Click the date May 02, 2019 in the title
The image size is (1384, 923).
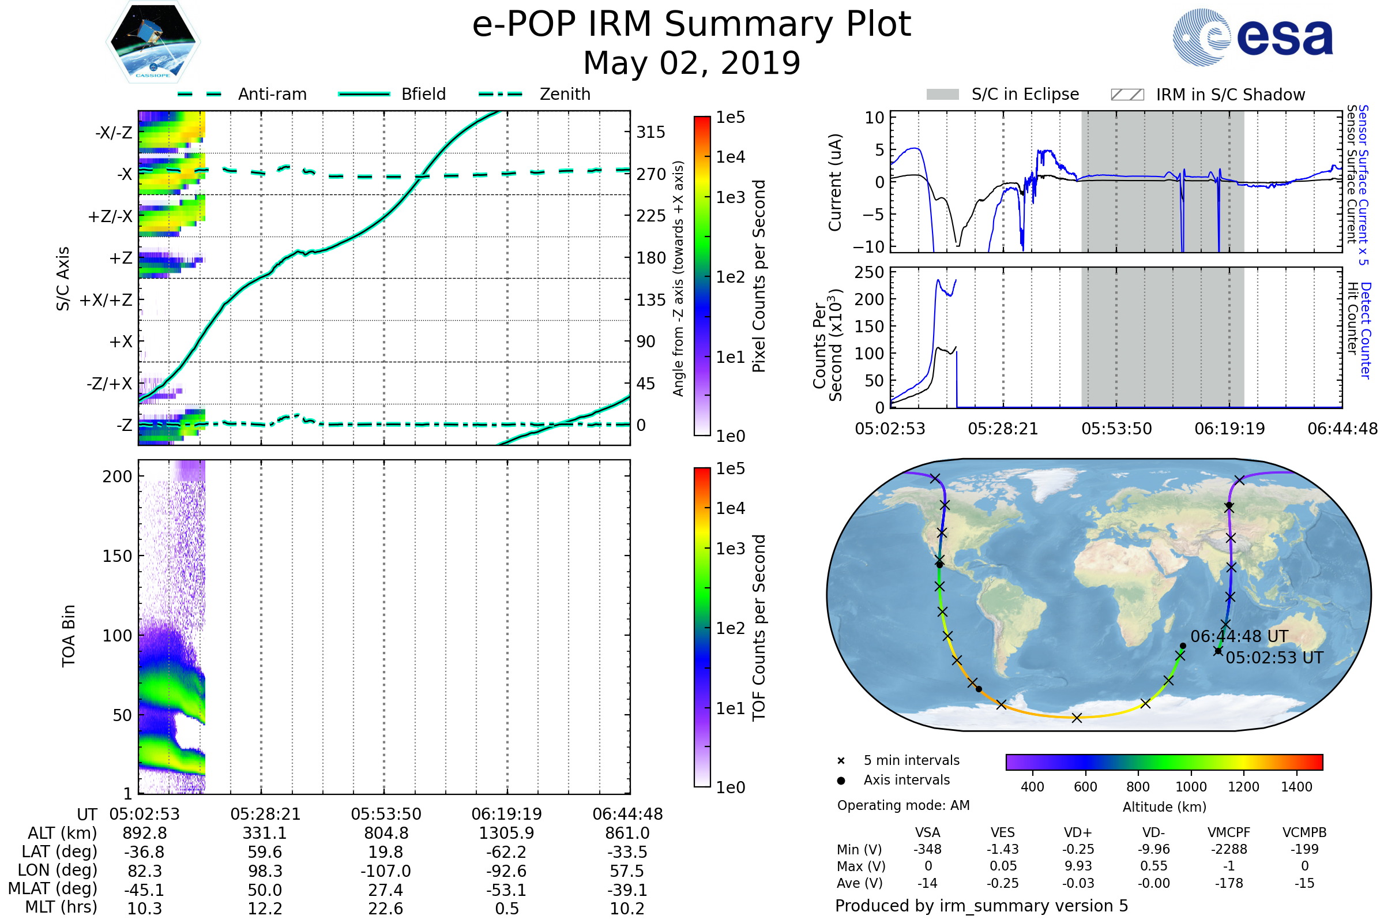point(691,63)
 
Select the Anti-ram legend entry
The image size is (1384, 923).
point(272,94)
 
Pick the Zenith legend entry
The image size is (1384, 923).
point(565,94)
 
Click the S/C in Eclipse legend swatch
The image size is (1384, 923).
point(942,95)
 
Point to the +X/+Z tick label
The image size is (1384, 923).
point(106,300)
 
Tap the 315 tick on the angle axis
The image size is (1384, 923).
point(650,132)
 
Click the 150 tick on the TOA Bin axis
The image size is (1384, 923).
point(117,556)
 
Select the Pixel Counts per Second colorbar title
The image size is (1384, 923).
point(759,276)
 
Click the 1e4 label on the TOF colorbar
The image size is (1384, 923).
point(730,508)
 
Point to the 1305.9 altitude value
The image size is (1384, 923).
point(506,833)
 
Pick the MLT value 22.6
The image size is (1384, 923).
point(385,908)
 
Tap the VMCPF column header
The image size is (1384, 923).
point(1229,832)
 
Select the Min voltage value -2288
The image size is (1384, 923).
point(1229,849)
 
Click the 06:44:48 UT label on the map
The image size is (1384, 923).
point(1239,636)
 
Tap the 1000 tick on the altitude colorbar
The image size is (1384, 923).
point(1190,787)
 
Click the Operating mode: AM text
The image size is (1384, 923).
point(903,805)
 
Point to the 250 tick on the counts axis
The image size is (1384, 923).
point(869,272)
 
